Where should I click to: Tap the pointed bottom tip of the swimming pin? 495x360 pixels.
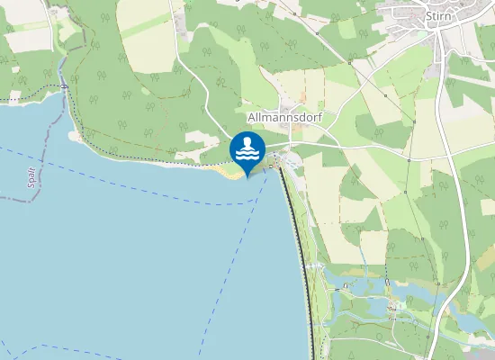click(x=247, y=175)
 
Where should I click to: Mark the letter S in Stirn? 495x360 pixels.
click(x=428, y=15)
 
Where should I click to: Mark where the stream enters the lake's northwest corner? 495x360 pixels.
click(x=65, y=87)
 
